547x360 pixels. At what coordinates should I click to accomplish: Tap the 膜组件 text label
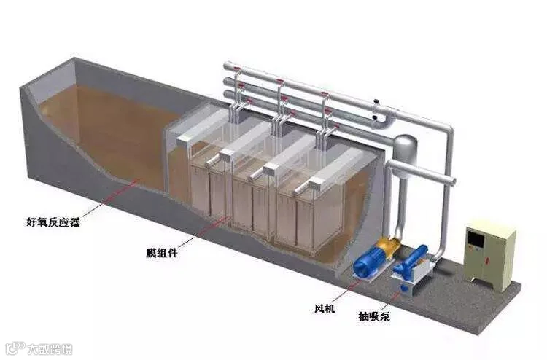pos(160,254)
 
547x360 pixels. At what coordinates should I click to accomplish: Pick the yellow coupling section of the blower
pos(388,251)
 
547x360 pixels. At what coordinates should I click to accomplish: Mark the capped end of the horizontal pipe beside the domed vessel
pos(451,180)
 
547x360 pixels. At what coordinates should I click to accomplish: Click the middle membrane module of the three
pos(255,195)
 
